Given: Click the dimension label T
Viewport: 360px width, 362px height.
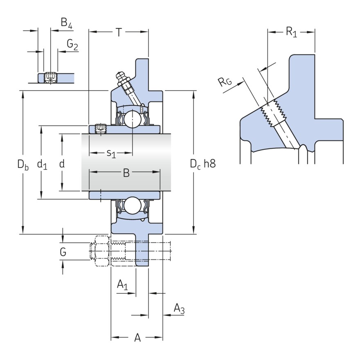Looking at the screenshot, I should (119, 32).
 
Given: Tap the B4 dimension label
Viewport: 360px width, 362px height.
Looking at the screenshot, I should (66, 24).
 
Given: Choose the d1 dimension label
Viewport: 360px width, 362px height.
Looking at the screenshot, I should (42, 164).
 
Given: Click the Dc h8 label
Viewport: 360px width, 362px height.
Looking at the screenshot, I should (202, 164).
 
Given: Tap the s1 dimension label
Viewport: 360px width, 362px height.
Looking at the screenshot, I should (111, 154).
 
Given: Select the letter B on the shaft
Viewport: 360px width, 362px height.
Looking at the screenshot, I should (126, 173).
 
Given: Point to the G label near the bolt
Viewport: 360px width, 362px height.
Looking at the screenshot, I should (63, 252).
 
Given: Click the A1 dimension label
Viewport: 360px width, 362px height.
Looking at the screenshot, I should (123, 284).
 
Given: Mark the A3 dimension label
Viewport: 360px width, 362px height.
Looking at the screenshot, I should (179, 308).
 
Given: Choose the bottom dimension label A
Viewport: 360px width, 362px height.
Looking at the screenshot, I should (138, 338).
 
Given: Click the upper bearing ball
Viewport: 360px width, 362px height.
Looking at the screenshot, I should (133, 119).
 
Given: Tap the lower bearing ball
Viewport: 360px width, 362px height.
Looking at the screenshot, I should (133, 206).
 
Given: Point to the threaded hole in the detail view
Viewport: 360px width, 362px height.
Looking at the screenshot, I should (272, 112).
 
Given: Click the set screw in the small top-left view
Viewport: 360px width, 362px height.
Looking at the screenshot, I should (50, 76).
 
